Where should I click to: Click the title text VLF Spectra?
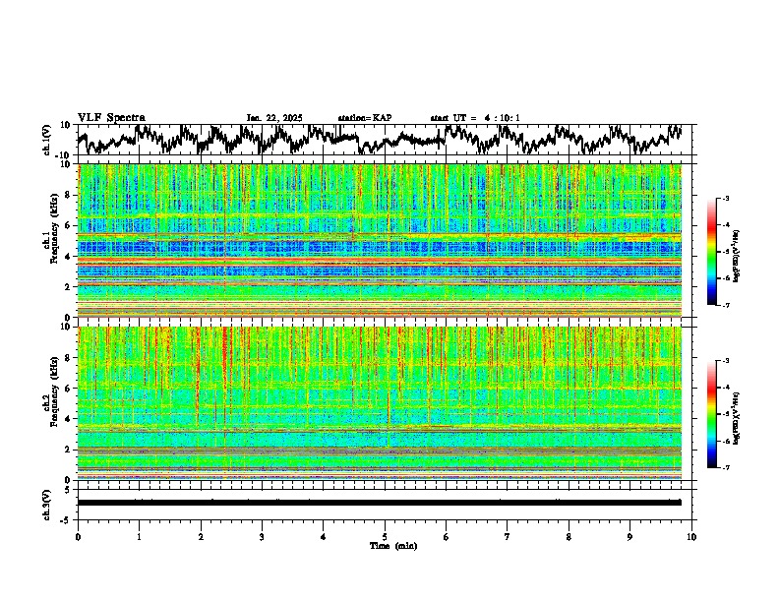tap(111, 118)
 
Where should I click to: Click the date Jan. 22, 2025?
tap(274, 118)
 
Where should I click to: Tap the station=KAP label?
tap(364, 118)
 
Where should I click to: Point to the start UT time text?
tap(475, 118)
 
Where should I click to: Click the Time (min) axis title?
tap(392, 545)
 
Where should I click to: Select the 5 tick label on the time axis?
tap(385, 536)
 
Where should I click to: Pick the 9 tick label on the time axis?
tap(630, 536)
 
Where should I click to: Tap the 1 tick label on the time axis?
tap(139, 536)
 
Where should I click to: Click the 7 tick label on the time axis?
tap(508, 536)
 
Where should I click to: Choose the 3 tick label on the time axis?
tap(262, 536)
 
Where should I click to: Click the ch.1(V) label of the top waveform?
tap(47, 140)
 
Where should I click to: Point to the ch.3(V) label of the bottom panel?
tap(47, 503)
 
